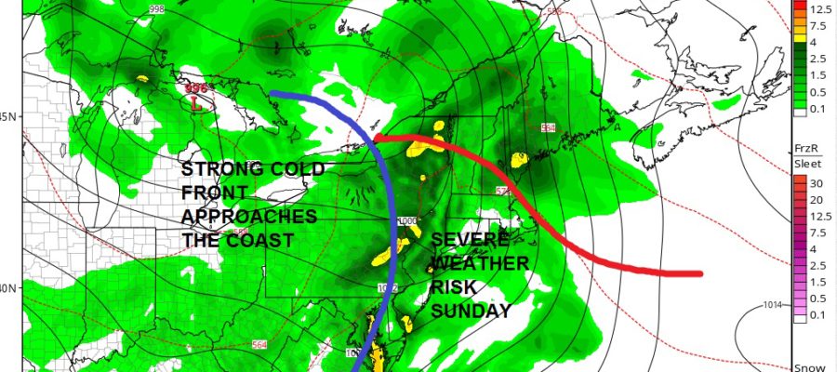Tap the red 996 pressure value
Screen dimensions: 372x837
(196, 88)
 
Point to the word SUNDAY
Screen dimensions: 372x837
(471, 312)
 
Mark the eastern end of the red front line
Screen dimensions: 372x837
(699, 273)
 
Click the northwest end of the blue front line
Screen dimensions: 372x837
(273, 94)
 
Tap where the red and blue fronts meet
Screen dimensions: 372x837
(377, 140)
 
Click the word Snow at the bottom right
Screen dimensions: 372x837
(807, 365)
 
